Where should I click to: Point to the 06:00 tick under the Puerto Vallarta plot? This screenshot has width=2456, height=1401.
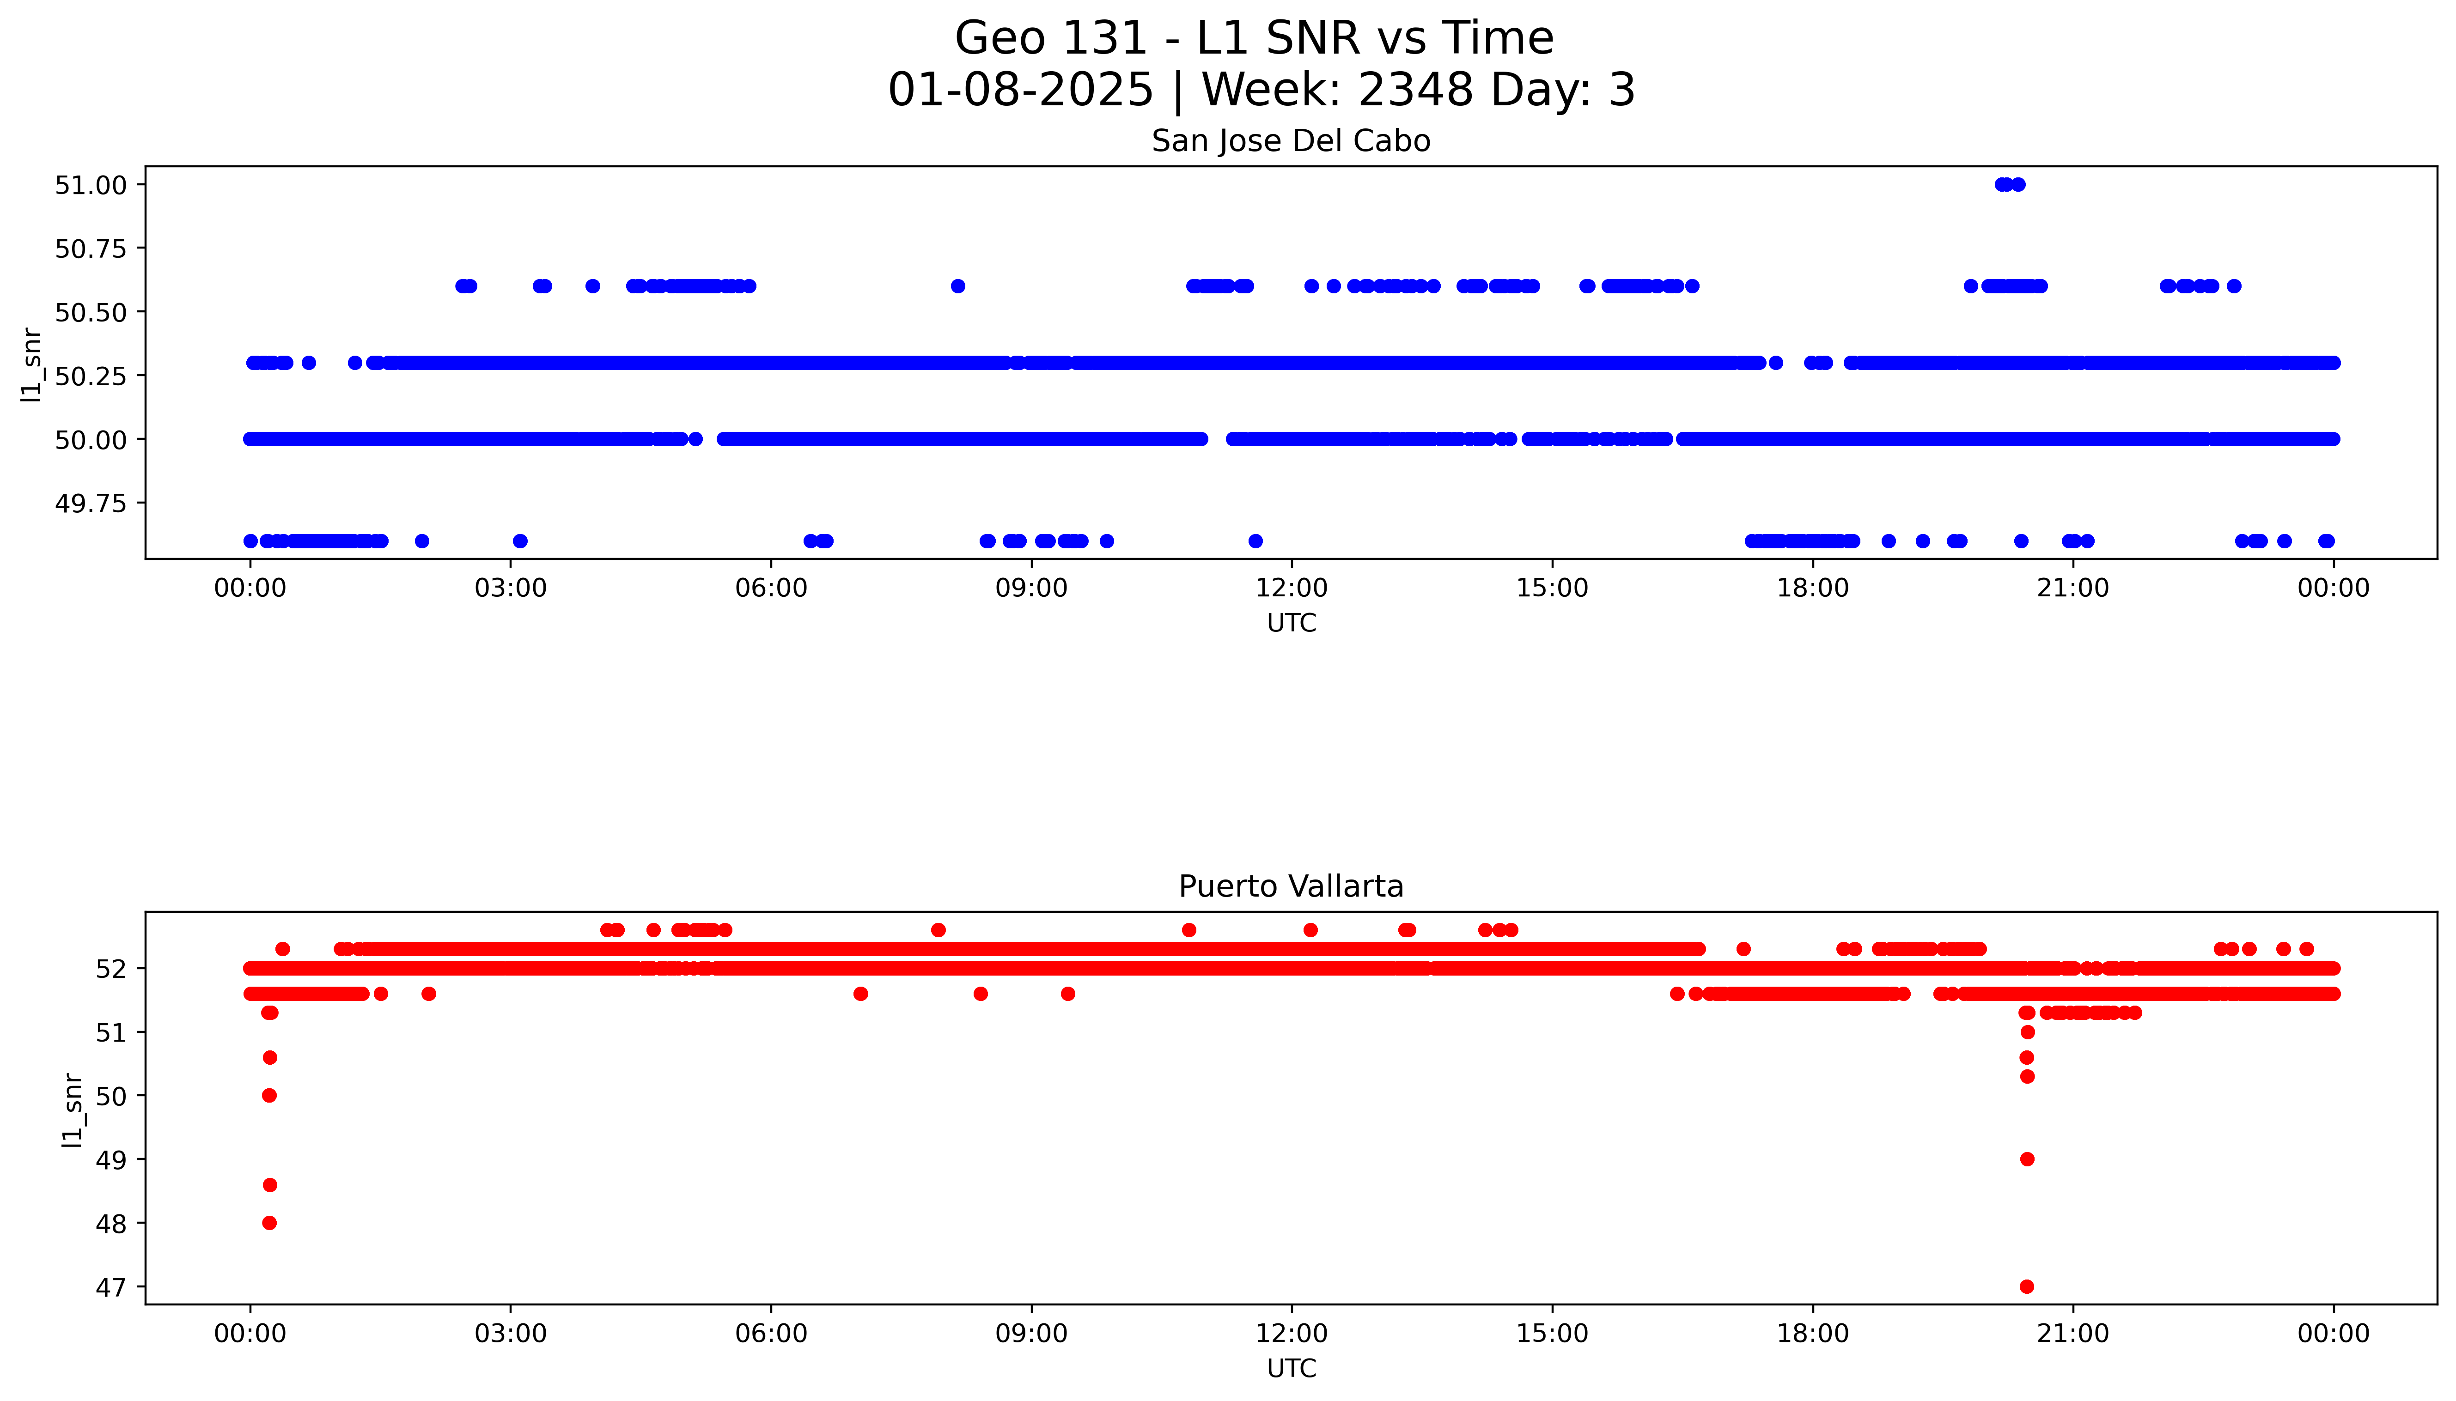tap(771, 1334)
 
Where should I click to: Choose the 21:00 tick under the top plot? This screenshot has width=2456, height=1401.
tap(2072, 588)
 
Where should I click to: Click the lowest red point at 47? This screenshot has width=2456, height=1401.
tap(2027, 1286)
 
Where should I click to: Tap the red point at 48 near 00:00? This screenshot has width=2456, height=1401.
tap(269, 1223)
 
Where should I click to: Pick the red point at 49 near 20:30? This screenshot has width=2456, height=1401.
tap(2027, 1159)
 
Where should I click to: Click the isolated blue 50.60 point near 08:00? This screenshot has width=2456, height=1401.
tap(957, 286)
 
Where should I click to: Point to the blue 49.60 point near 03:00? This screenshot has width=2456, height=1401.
tap(520, 541)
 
